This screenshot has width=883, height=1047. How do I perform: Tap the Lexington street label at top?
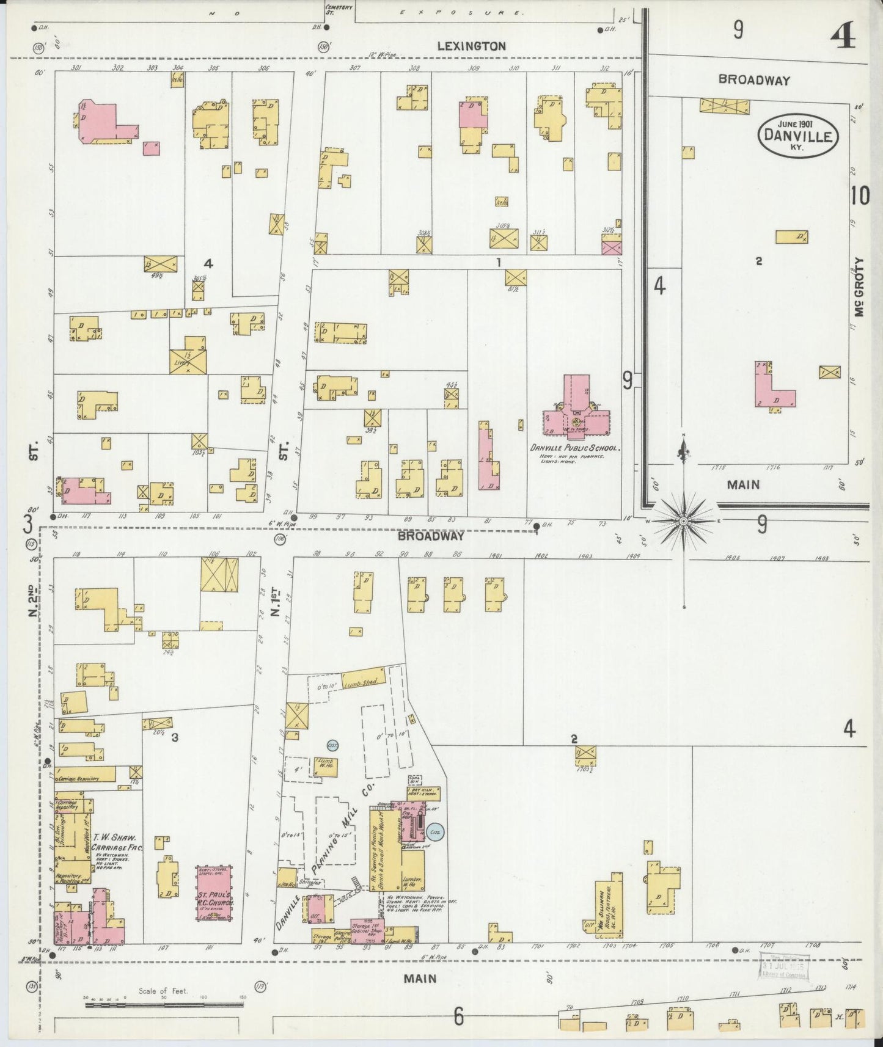(x=471, y=46)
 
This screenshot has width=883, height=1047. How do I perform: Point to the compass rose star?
(x=683, y=520)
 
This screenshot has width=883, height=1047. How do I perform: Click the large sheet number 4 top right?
(x=843, y=37)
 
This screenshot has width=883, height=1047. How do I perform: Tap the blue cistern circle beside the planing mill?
(x=435, y=831)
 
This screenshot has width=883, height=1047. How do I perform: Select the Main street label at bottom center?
(x=420, y=978)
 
